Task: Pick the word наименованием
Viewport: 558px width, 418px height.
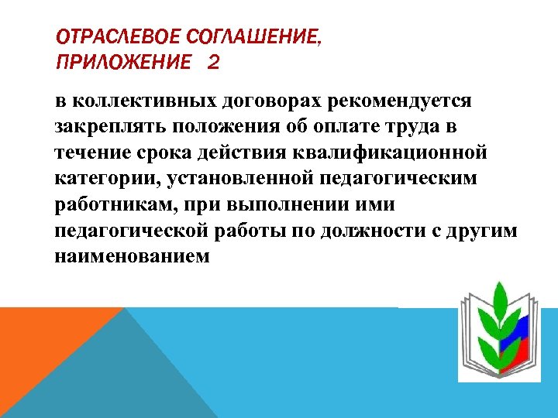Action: pos(132,256)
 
